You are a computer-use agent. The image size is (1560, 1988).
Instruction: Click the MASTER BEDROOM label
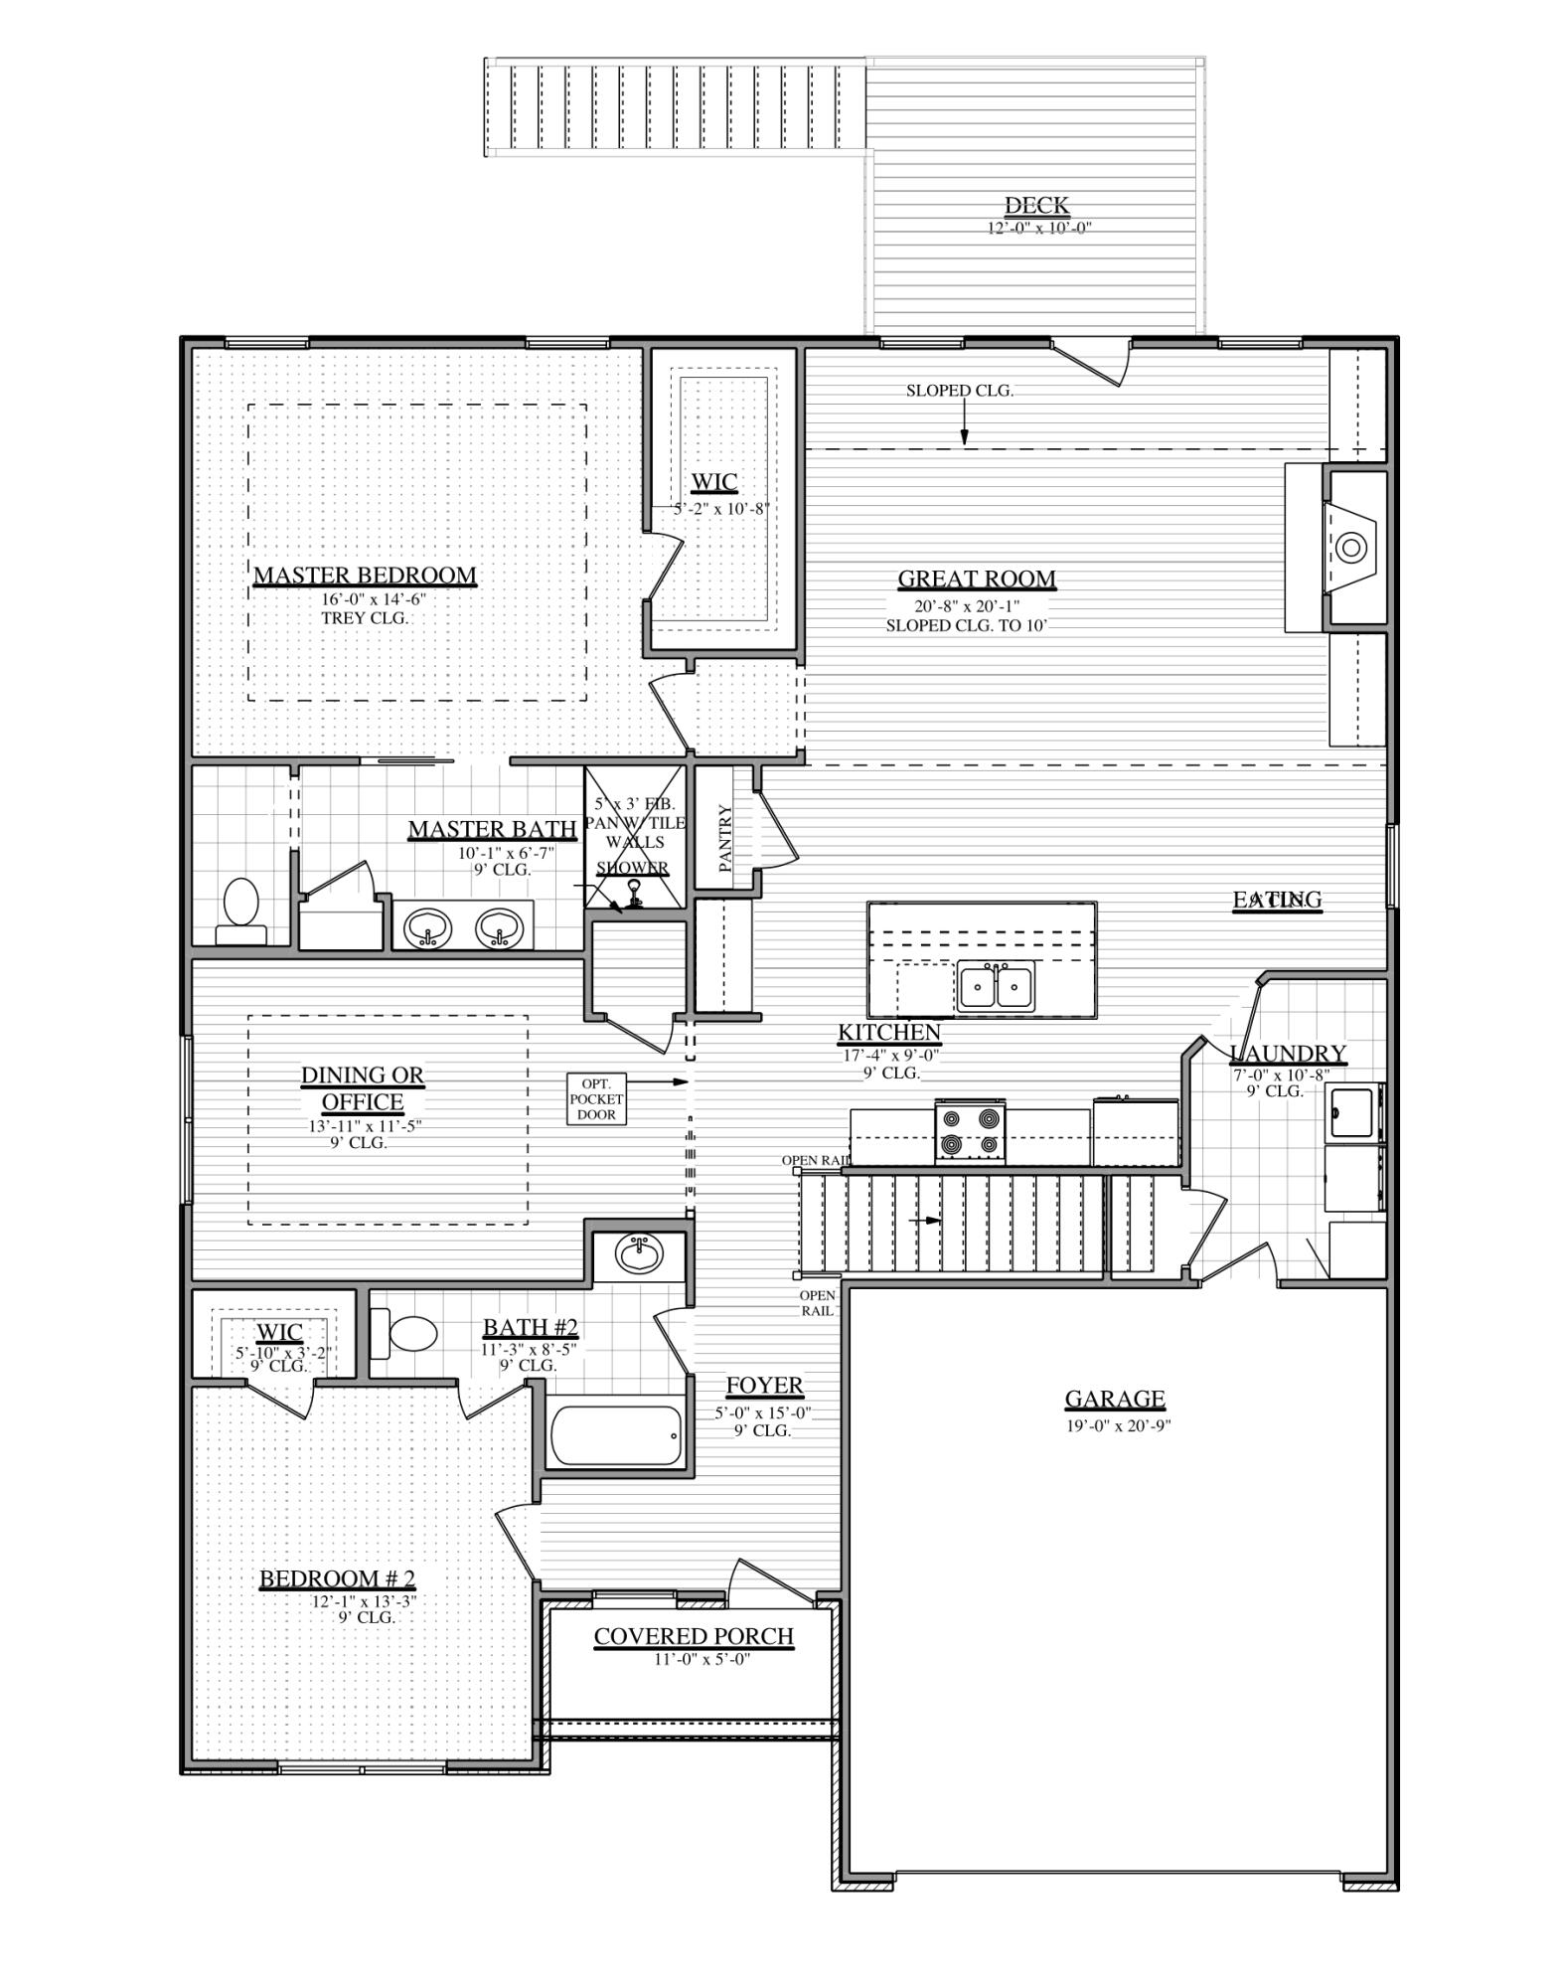[365, 576]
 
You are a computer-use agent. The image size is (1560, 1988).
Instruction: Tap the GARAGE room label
[1114, 1400]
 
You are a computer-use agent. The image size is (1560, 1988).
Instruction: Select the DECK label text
[1036, 206]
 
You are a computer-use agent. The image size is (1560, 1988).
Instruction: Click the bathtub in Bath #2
[616, 1435]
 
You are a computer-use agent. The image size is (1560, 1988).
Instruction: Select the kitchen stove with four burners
[970, 1132]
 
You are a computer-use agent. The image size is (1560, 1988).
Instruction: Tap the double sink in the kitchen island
[996, 987]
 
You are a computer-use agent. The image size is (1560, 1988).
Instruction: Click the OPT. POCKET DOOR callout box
[596, 1099]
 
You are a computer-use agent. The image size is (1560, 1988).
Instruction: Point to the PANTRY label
[725, 839]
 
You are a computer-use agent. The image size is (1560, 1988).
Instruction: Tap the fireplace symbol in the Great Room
[1349, 546]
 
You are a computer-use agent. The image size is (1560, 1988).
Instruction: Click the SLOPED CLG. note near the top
[959, 391]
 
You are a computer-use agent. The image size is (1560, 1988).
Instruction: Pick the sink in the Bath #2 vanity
[639, 1254]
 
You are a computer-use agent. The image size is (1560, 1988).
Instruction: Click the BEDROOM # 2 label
[337, 1579]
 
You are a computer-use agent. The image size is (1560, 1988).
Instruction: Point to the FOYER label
[763, 1386]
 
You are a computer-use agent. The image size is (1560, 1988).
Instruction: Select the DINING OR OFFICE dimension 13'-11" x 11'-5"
[359, 1126]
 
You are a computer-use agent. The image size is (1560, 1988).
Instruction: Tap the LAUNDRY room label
[1288, 1054]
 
